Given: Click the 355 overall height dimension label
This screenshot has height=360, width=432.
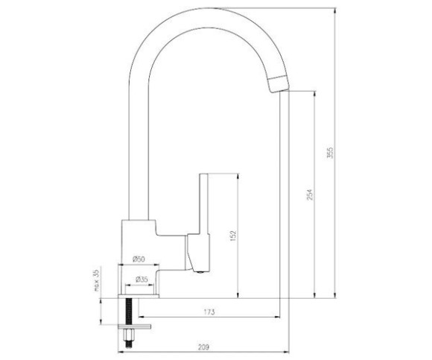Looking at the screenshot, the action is (x=330, y=153).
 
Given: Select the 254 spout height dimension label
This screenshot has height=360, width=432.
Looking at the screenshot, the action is (x=310, y=195).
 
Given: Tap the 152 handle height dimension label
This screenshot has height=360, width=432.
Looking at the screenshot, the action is (x=233, y=236).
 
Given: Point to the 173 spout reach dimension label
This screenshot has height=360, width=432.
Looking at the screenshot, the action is (x=209, y=312).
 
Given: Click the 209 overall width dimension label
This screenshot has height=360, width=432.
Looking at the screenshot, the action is (x=203, y=347).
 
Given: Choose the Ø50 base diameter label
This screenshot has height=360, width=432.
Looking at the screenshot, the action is (x=139, y=259).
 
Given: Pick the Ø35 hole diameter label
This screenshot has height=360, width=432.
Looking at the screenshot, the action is (x=142, y=280).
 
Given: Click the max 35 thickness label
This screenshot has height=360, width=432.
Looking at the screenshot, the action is (x=96, y=280).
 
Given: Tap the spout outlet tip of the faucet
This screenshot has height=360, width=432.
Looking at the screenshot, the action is (x=279, y=84).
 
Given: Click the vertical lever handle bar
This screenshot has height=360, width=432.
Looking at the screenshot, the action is (x=203, y=204).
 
